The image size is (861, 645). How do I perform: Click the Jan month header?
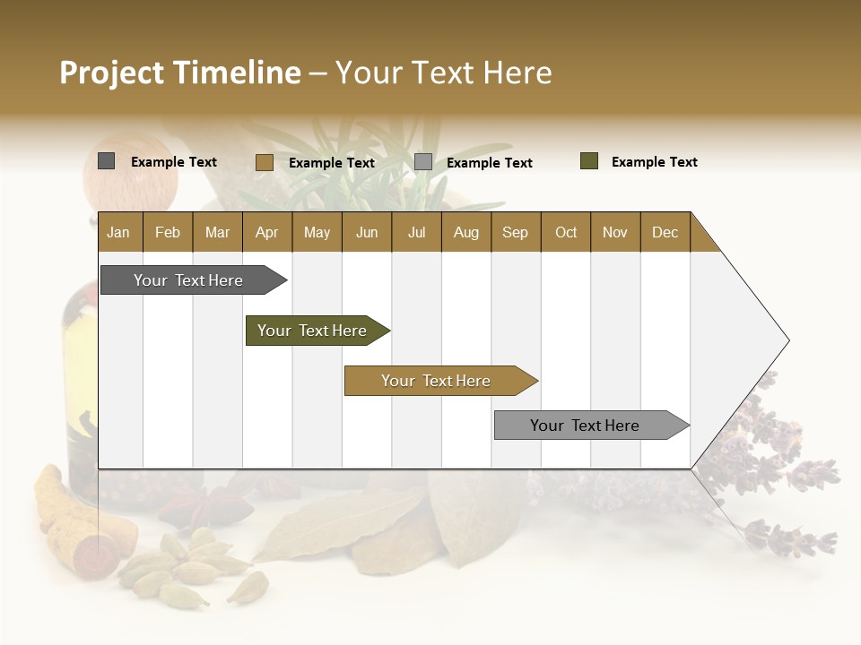click(x=119, y=232)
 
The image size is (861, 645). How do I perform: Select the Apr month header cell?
click(x=267, y=232)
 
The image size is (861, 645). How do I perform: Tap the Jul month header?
click(x=416, y=232)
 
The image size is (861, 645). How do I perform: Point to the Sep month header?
click(x=516, y=232)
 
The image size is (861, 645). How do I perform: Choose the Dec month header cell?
click(x=665, y=232)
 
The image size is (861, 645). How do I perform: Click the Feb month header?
click(x=168, y=232)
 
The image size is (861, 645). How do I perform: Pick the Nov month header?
click(x=615, y=232)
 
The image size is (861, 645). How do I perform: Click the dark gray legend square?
click(x=107, y=161)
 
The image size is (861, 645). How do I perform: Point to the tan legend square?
click(x=264, y=162)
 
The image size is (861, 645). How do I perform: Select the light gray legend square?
click(x=423, y=162)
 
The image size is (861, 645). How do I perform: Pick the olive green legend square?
click(x=589, y=161)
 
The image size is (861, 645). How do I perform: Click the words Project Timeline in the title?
click(x=180, y=73)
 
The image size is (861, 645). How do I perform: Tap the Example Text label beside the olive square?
click(x=654, y=162)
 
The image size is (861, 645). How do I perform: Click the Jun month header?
click(x=367, y=232)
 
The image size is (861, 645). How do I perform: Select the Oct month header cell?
click(x=566, y=232)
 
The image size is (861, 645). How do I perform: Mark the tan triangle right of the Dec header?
click(x=701, y=239)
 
